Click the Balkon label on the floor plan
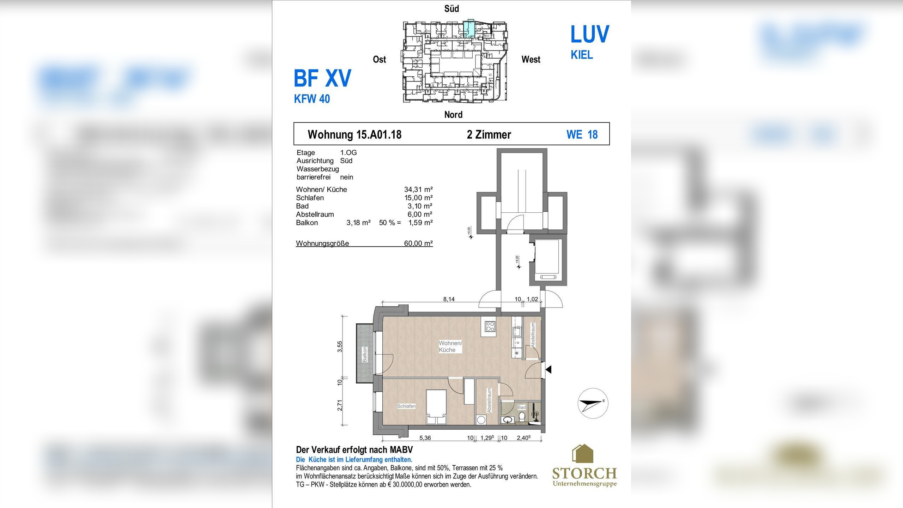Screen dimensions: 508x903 (365, 354)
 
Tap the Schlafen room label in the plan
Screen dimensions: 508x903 (406, 406)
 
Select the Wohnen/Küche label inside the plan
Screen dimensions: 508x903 (450, 346)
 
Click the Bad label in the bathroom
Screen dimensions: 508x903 (521, 407)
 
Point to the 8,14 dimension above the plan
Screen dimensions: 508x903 (449, 299)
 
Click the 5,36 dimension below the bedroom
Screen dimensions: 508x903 (425, 438)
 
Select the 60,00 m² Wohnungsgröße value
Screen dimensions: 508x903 (418, 243)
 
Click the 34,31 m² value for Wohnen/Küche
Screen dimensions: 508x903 (418, 189)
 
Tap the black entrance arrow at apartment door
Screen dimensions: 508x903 (548, 369)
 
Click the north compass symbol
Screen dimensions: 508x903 (593, 403)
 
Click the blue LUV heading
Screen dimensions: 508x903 (589, 34)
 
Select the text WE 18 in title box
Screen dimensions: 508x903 (582, 134)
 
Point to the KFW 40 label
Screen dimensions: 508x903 (312, 99)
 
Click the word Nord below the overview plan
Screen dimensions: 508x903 (453, 115)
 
